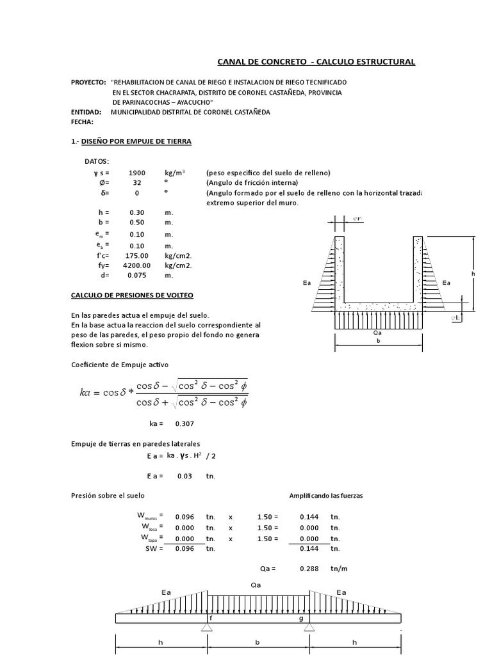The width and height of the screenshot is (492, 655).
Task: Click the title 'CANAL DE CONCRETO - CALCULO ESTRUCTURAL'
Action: [316, 62]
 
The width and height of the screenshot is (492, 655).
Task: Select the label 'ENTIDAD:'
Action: [86, 112]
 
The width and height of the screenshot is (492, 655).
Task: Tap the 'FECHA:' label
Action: [82, 122]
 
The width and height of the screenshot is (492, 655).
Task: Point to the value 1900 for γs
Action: [137, 173]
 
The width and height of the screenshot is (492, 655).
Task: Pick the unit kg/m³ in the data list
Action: [175, 173]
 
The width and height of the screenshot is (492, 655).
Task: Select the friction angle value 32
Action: [137, 182]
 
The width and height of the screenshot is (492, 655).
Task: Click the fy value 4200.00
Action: [137, 265]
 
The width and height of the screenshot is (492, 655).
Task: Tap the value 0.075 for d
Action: [137, 275]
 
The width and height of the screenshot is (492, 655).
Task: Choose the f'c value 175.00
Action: [137, 255]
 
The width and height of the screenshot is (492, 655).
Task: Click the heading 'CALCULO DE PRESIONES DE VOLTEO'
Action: [131, 295]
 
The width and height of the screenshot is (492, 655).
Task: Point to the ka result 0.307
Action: [184, 423]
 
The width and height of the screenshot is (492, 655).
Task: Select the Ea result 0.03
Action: [184, 476]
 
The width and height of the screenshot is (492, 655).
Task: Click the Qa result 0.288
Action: [309, 568]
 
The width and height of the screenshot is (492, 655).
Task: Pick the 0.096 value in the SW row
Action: [184, 548]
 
